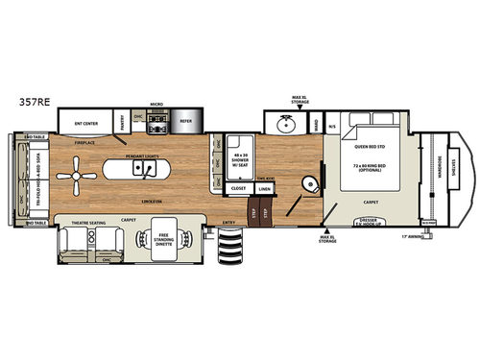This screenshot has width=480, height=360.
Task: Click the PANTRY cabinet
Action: click(123, 123)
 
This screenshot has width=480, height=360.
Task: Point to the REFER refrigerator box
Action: click(186, 123)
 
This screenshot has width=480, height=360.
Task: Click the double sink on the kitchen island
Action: click(147, 170)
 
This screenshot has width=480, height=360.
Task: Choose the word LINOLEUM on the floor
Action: click(147, 204)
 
